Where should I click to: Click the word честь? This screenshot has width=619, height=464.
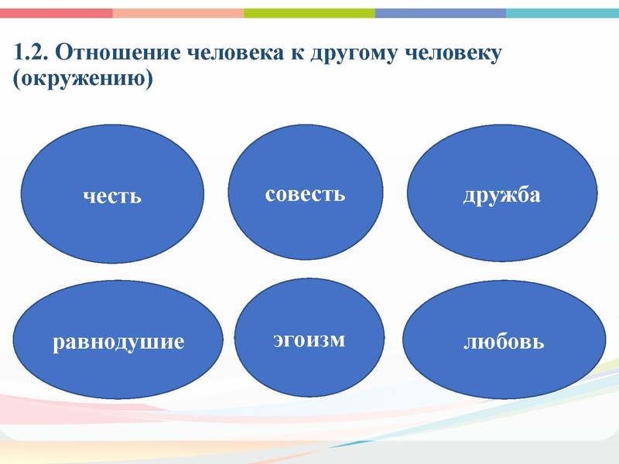coord(113,196)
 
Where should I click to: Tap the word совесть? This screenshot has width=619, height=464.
coord(305,193)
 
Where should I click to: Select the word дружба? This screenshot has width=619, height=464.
coord(501,196)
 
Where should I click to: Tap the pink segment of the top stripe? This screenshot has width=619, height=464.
coord(56,13)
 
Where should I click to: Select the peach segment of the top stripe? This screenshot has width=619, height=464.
coord(178,13)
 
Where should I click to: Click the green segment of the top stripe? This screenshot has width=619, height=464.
coord(309,13)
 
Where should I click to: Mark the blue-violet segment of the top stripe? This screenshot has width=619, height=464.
coord(441,13)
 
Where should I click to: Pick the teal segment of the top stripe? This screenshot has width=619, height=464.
coord(563,13)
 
